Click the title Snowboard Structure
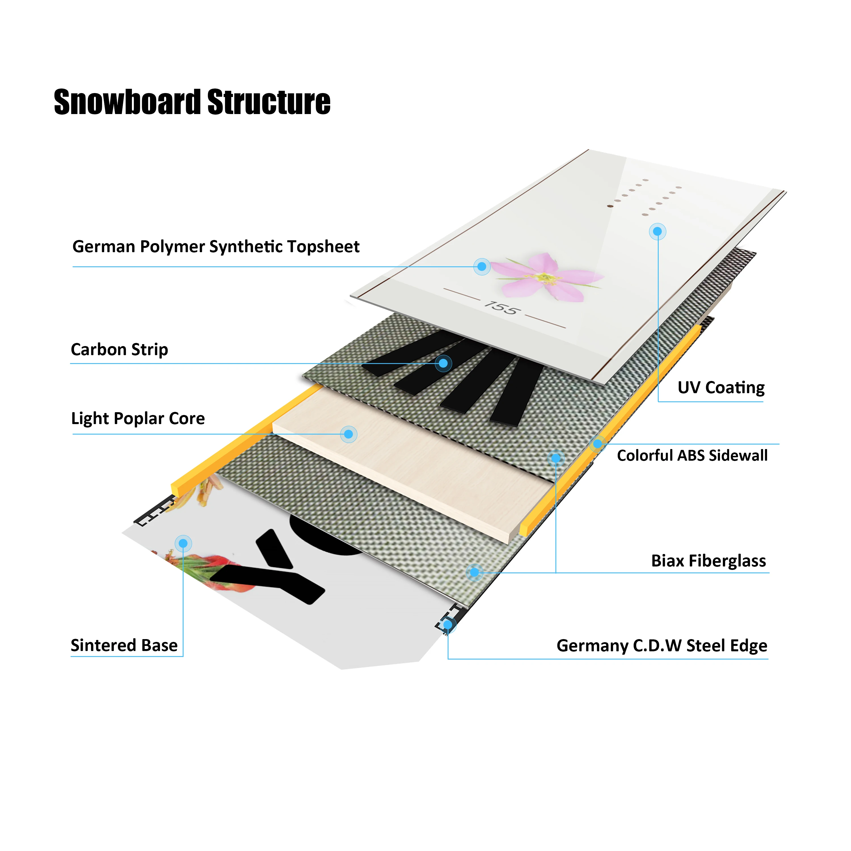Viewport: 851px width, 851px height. pyautogui.click(x=192, y=102)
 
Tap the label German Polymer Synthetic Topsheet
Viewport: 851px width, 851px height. pyautogui.click(x=216, y=247)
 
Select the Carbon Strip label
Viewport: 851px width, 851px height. pyautogui.click(x=119, y=350)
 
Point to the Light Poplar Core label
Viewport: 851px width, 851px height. pyautogui.click(x=138, y=418)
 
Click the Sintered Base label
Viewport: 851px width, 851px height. pyautogui.click(x=124, y=645)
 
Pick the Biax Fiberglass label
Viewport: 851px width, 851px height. pyautogui.click(x=708, y=561)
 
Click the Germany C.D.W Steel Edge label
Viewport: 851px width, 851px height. pyautogui.click(x=662, y=646)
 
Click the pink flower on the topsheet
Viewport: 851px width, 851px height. pyautogui.click(x=546, y=276)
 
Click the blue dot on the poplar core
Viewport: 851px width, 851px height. pyautogui.click(x=348, y=434)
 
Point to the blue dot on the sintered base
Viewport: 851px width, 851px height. pyautogui.click(x=183, y=544)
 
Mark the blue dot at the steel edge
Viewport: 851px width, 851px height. pyautogui.click(x=448, y=625)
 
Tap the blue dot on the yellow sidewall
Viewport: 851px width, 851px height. pyautogui.click(x=597, y=444)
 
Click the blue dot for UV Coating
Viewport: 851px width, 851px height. pyautogui.click(x=657, y=231)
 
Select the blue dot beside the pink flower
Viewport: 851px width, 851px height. pyautogui.click(x=482, y=266)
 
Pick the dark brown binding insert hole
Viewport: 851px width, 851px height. pyautogui.click(x=610, y=206)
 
